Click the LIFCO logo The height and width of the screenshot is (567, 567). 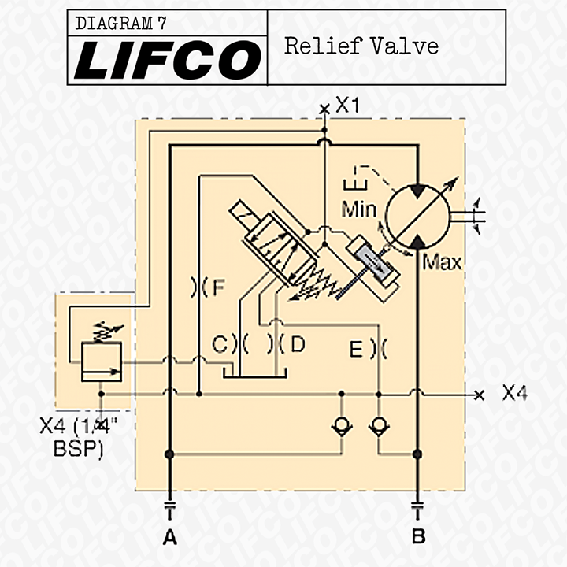167,60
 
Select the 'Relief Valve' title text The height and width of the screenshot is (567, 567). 361,46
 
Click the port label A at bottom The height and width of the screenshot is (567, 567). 169,538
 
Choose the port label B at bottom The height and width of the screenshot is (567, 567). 419,538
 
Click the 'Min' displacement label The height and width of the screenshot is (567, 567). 359,210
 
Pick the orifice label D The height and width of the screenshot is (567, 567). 297,344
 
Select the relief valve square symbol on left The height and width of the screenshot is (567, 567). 102,361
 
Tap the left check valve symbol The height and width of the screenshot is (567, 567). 341,426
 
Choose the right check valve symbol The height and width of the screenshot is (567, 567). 380,426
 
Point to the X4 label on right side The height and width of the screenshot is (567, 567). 513,393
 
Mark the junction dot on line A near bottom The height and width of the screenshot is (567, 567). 169,454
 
